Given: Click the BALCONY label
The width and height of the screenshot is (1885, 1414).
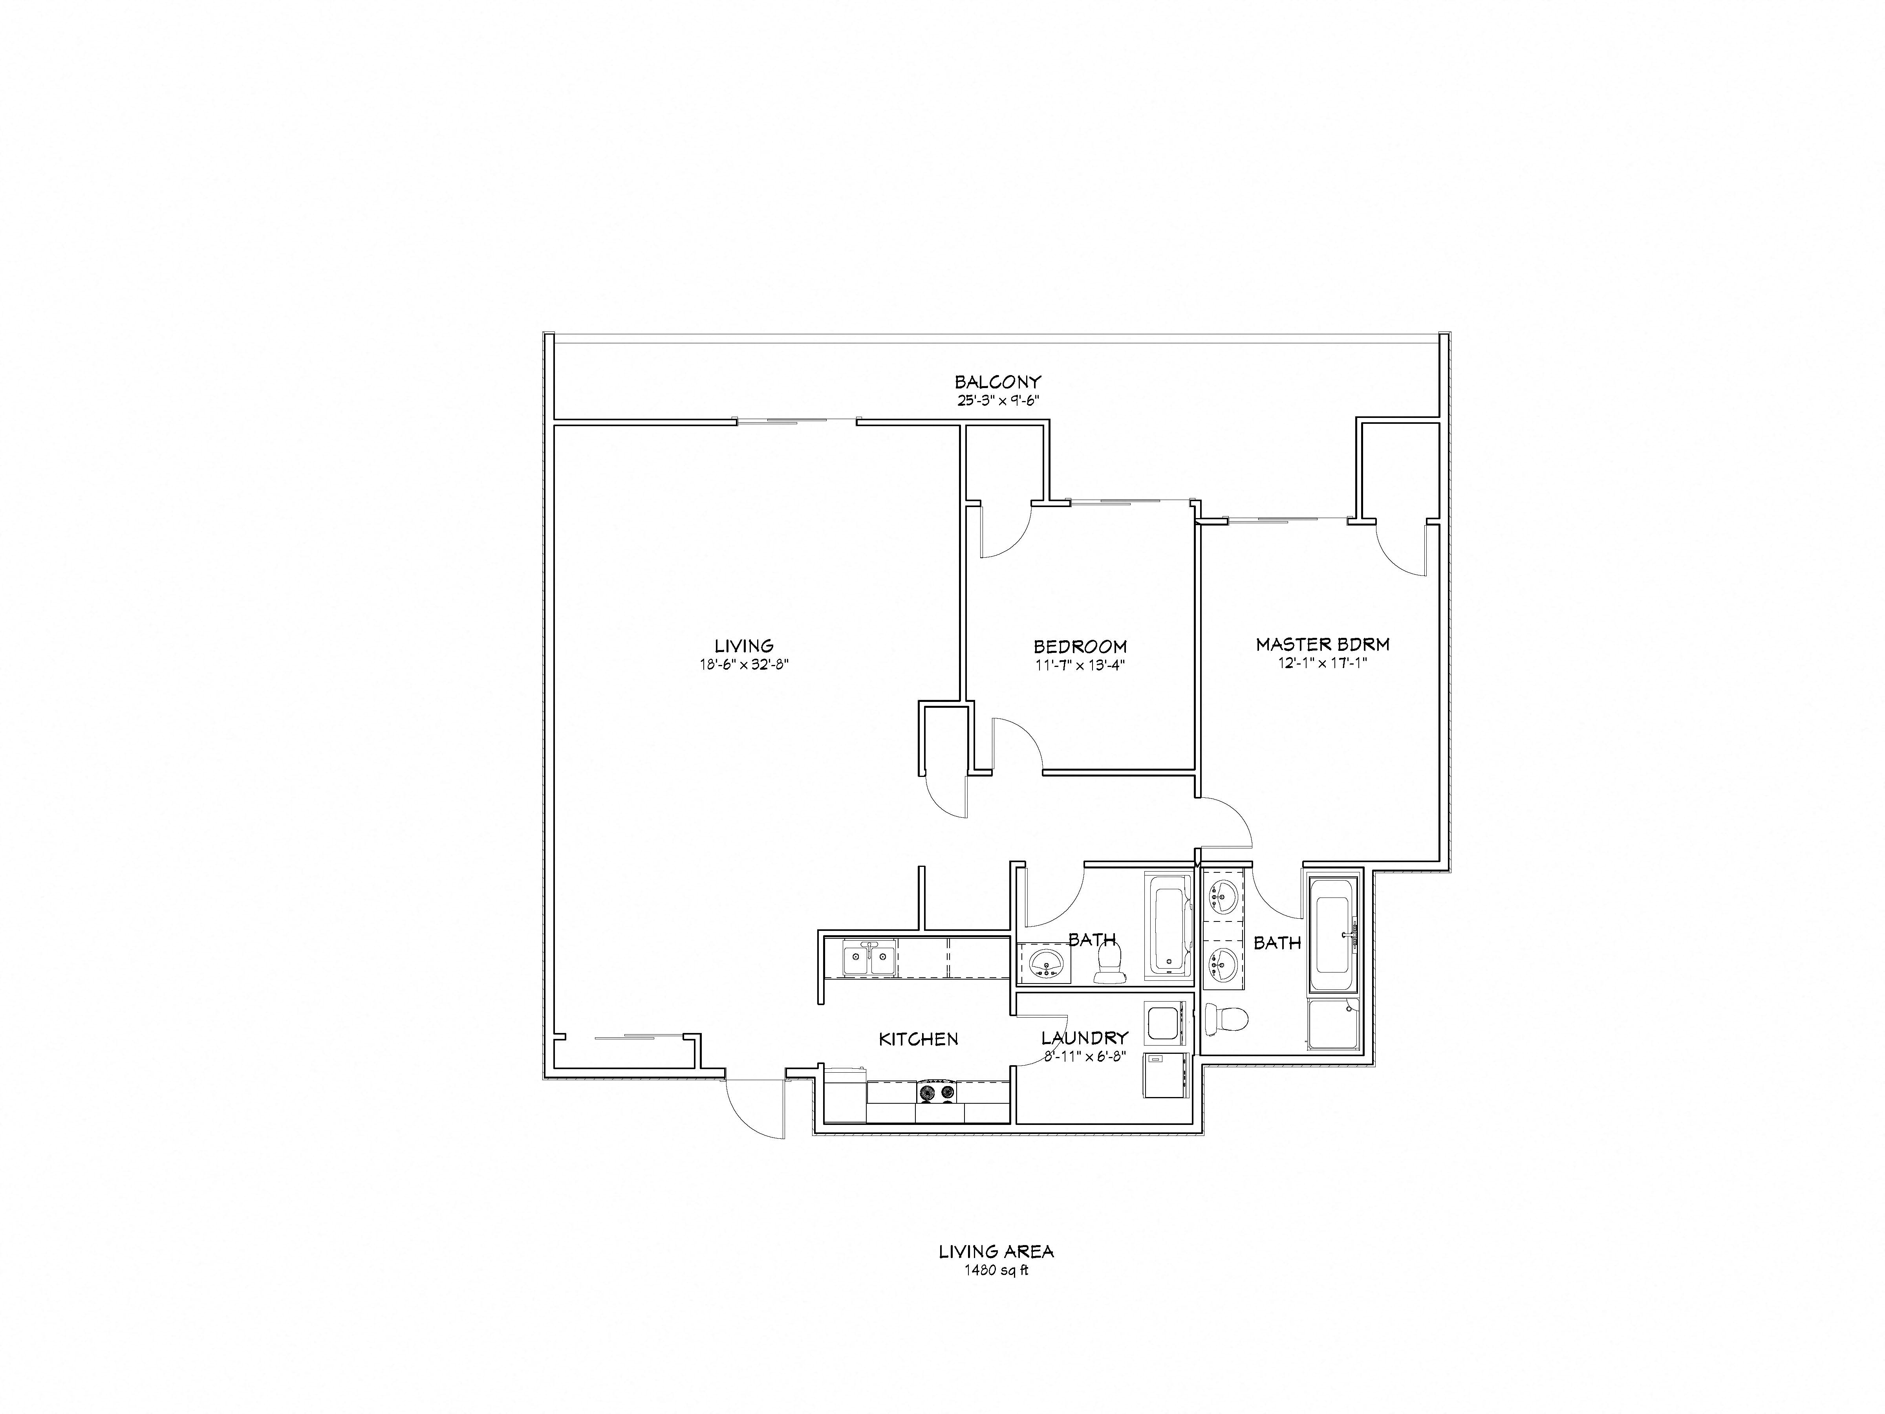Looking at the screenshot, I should [997, 382].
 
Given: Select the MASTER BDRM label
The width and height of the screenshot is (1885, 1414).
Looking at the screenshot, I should [1323, 645].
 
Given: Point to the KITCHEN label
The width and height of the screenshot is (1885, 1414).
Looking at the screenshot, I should [919, 1039].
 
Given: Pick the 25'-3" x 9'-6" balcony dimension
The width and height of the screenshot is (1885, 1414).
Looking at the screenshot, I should [997, 400].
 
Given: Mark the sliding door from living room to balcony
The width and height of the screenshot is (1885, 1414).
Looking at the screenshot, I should [797, 420].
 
